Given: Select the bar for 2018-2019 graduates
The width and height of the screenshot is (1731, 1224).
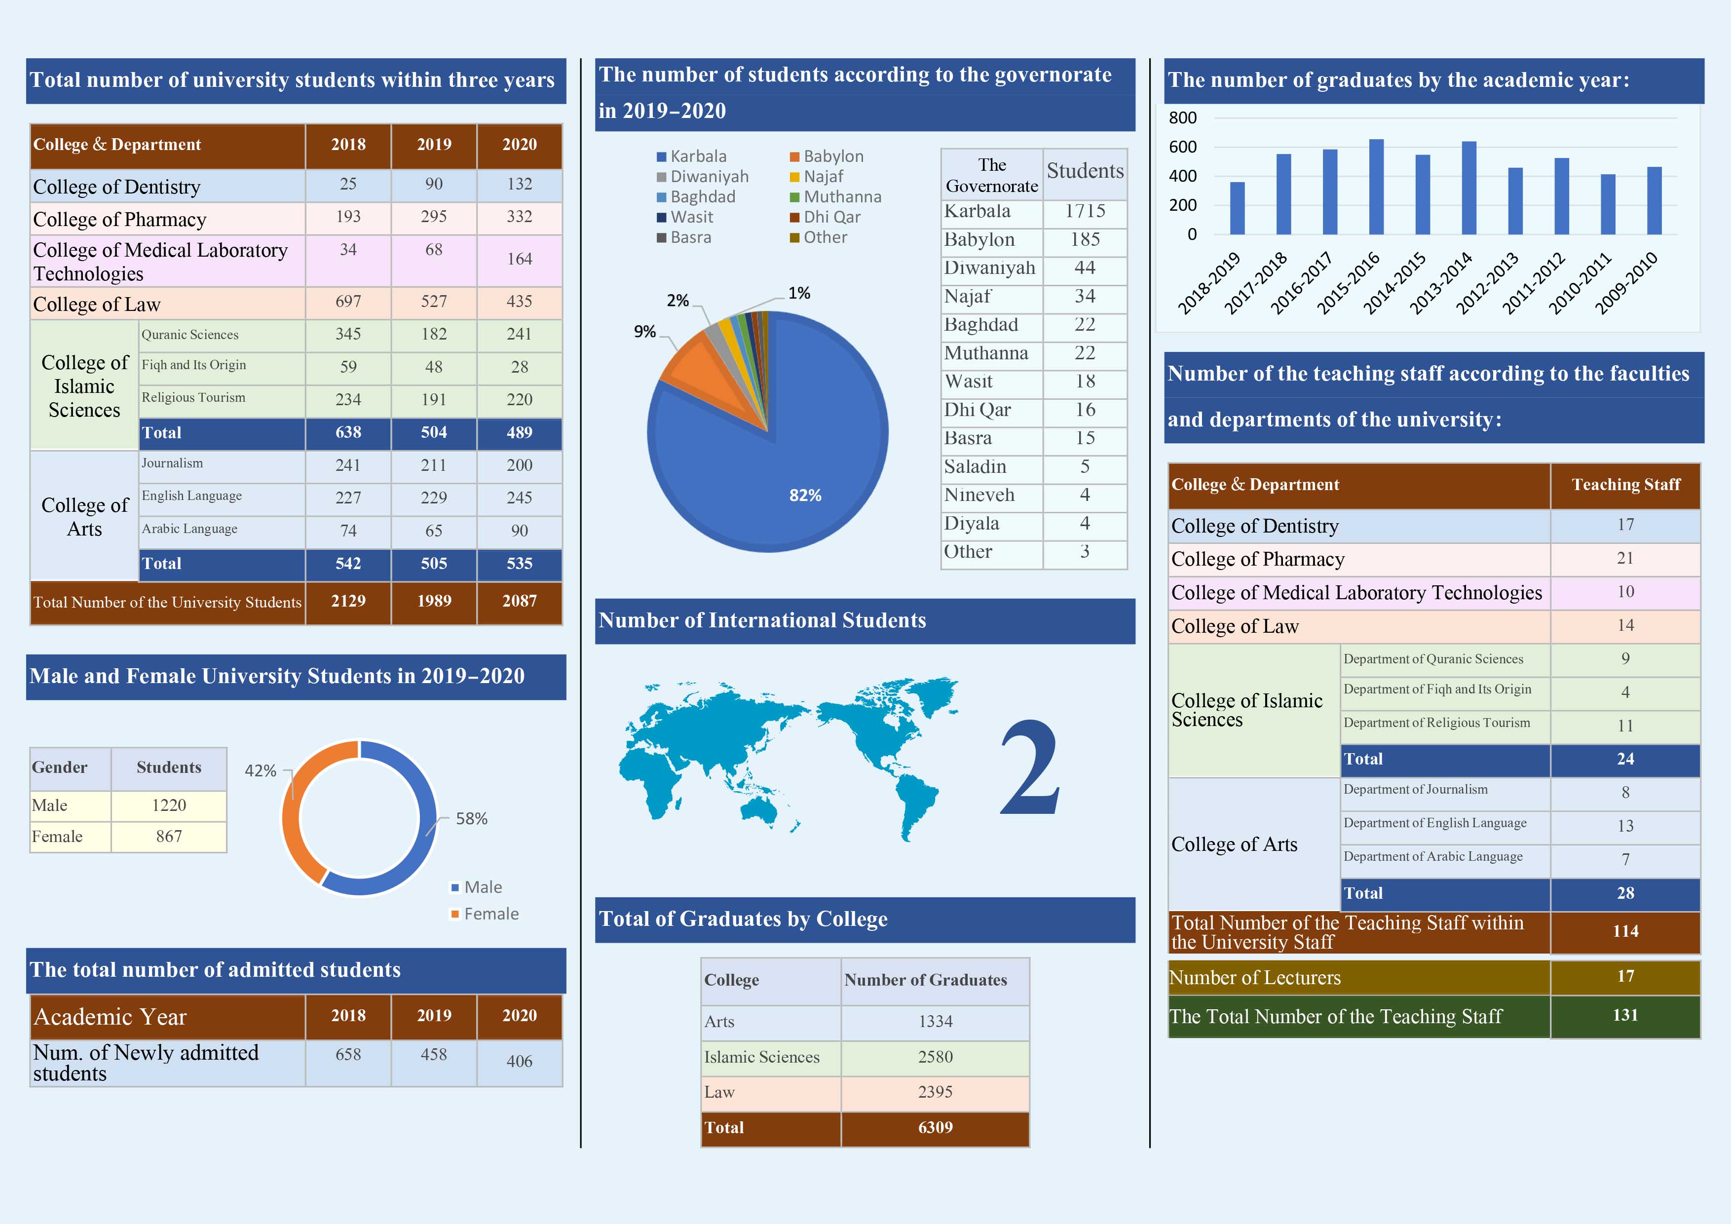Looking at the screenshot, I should pos(1237,208).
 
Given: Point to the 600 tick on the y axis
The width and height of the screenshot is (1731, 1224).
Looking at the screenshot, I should pos(1182,147).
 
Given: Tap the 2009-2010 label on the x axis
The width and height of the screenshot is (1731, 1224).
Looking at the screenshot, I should pos(1627,283).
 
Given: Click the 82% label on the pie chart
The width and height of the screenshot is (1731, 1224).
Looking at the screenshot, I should pos(804,496).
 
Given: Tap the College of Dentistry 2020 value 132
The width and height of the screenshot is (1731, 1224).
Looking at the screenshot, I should pos(520,184).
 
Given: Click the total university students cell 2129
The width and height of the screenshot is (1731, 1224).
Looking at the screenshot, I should pos(348,601).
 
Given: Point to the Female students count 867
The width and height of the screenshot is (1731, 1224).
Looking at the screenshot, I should pos(169,837).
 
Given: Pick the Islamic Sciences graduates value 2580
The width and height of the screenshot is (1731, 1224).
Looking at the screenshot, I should pos(935,1057).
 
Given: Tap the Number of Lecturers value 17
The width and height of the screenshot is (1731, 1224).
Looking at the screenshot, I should pos(1625,977).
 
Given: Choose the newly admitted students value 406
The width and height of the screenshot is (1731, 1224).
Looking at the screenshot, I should pos(520,1062).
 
